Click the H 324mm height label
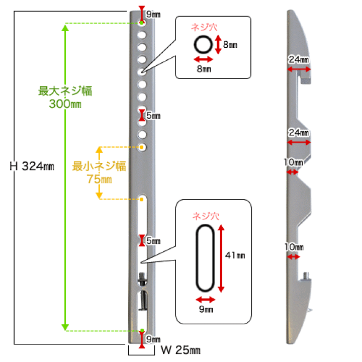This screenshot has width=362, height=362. click(32, 166)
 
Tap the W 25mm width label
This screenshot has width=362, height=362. click(181, 350)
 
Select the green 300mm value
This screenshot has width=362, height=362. click(65, 104)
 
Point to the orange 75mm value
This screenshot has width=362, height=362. click(99, 179)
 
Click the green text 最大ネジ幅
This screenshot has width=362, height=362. click(65, 90)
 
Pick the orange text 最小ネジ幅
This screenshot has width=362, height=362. click(99, 166)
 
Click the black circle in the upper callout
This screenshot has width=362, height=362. click(203, 45)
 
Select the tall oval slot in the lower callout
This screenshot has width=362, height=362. click(205, 258)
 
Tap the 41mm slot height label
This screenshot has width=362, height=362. click(235, 255)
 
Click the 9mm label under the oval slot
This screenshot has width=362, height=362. click(206, 309)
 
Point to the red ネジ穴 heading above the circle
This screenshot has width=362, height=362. click(204, 27)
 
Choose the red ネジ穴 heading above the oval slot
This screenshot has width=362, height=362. click(206, 216)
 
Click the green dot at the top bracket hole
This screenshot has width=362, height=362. click(141, 23)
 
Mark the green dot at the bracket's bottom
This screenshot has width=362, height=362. click(142, 331)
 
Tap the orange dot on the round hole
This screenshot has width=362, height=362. click(141, 147)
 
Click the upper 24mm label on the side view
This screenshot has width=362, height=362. click(299, 59)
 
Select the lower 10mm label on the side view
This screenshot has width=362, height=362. click(294, 247)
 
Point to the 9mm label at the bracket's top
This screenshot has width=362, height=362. click(153, 14)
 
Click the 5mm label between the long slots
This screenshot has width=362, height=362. click(153, 241)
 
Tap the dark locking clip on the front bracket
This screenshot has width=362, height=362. click(142, 279)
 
